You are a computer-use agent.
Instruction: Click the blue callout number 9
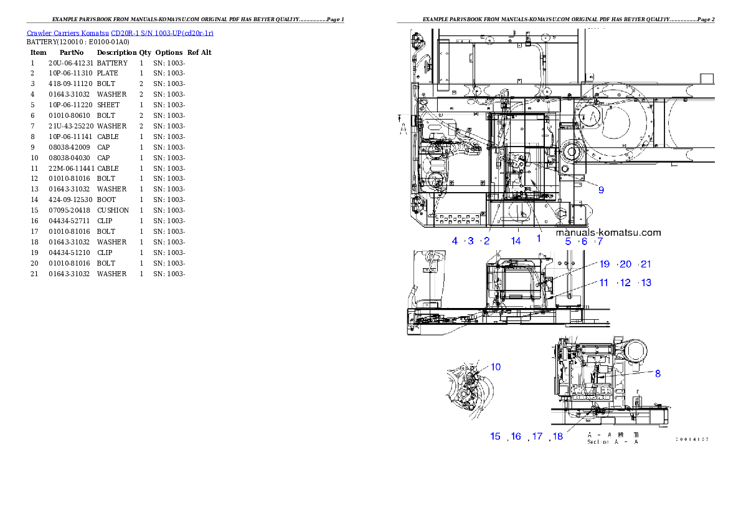coord(601,190)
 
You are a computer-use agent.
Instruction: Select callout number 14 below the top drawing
coord(516,241)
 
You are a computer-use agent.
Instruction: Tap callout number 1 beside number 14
coord(539,238)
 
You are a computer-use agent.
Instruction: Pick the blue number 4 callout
coord(455,241)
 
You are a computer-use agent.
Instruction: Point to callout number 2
coord(487,241)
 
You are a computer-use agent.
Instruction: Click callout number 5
coord(568,241)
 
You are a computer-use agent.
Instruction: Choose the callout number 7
coord(600,241)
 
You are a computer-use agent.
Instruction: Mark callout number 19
coord(605,264)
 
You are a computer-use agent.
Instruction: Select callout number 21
coord(646,264)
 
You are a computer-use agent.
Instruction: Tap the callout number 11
coord(604,282)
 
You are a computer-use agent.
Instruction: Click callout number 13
coord(646,282)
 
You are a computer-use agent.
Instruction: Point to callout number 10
coord(496,367)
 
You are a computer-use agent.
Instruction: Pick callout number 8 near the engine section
coord(658,373)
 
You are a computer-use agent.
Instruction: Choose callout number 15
coord(496,436)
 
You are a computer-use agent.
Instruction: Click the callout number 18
coord(558,436)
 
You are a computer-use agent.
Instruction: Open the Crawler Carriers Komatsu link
coord(120,32)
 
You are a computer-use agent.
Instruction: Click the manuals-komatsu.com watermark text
coord(608,232)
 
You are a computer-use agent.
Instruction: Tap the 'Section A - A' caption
coord(613,442)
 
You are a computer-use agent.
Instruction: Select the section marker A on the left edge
coord(404,128)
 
